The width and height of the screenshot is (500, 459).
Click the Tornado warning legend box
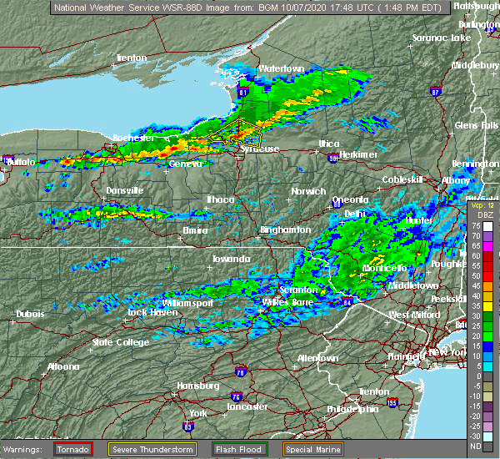pos(73,449)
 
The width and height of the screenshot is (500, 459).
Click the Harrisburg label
pos(197,386)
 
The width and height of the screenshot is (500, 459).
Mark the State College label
pos(114,341)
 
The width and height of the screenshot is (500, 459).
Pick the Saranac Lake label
pos(444,38)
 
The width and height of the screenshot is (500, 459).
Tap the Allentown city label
pos(317,357)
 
